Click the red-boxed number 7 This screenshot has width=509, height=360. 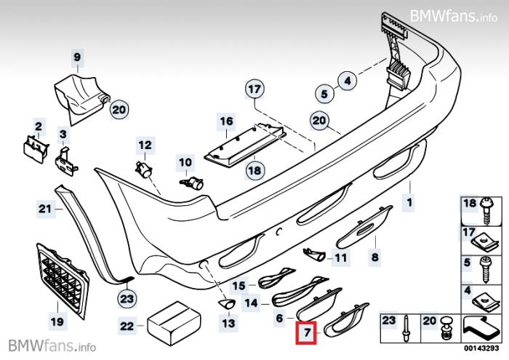coord(308,334)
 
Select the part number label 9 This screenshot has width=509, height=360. coord(77,55)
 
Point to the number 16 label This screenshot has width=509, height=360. coord(228,121)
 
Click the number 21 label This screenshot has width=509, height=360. coord(44,210)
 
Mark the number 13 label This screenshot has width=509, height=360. coord(228,322)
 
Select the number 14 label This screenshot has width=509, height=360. coord(251,303)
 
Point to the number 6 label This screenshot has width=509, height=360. coord(279,317)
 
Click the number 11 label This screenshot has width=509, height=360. coord(340,257)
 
